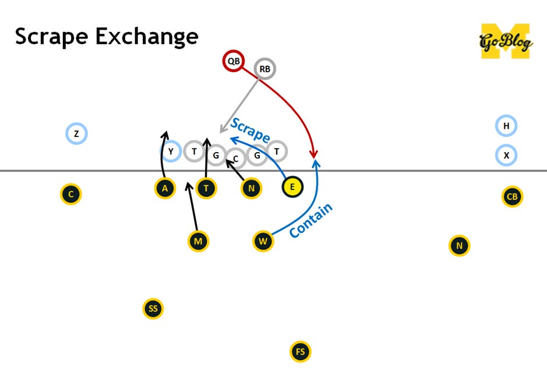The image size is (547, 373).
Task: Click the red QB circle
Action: [233, 61]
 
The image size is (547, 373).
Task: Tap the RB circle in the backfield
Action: [265, 69]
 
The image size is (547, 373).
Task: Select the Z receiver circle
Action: [76, 134]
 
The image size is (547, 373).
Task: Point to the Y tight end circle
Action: [171, 152]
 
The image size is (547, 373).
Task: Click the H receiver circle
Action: [506, 126]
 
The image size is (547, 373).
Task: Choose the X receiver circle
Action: [506, 156]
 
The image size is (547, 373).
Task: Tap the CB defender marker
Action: [512, 196]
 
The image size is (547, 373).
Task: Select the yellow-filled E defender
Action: [292, 188]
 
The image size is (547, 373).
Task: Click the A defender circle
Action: [165, 188]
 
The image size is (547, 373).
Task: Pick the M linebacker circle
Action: [199, 241]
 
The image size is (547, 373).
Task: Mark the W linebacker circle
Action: [263, 241]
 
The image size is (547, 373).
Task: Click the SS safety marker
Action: [153, 308]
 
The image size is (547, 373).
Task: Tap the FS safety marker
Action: [300, 351]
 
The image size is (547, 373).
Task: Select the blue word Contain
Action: [311, 220]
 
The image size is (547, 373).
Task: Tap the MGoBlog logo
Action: [505, 40]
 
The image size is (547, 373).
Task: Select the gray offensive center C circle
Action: [235, 158]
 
